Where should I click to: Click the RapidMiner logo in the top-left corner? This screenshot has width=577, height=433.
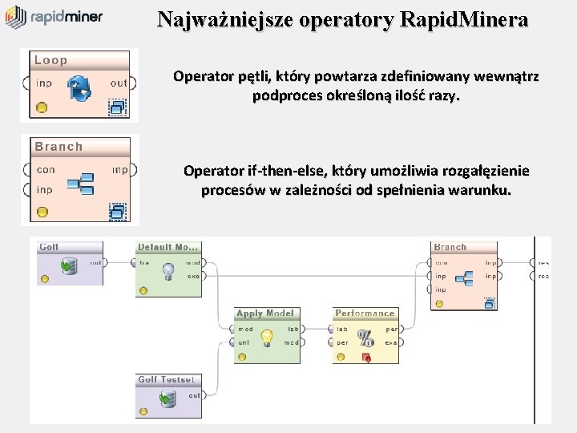54,17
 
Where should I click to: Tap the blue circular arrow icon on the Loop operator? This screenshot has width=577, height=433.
79,89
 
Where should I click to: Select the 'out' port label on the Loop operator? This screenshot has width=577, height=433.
119,83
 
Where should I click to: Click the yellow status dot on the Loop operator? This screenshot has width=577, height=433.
42,107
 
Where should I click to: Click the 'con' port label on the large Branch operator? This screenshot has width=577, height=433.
46,170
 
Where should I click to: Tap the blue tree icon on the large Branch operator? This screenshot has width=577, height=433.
81,184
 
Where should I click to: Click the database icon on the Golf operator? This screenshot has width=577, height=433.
71,265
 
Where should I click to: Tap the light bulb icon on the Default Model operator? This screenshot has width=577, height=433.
169,270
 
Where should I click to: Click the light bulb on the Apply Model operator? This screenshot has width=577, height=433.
267,338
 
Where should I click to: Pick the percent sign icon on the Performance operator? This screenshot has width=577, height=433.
365,338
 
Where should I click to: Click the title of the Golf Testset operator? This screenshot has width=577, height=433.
166,380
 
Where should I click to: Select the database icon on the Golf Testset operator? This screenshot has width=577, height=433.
167,399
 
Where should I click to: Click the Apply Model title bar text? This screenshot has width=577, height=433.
265,314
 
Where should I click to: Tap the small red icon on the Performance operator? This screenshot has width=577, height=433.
366,358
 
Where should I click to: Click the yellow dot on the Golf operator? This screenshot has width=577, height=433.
44,278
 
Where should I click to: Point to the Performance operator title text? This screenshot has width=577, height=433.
365,314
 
